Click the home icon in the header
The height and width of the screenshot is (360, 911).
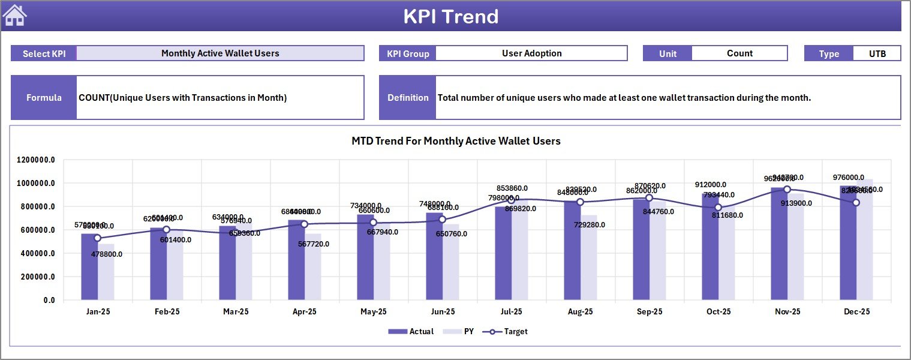click(15, 16)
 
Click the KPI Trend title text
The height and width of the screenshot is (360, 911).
click(450, 16)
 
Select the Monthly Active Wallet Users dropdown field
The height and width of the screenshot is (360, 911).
click(220, 53)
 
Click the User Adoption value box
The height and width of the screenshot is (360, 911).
click(531, 53)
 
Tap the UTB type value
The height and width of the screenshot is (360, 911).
click(877, 53)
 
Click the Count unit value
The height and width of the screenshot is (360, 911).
click(739, 53)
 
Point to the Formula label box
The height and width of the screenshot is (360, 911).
click(44, 97)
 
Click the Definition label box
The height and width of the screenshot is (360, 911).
click(408, 97)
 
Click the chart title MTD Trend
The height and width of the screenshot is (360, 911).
click(456, 141)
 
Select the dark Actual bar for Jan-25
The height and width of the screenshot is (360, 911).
click(89, 267)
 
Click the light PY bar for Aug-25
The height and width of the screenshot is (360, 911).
click(589, 258)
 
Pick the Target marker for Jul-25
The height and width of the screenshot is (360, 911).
click(511, 200)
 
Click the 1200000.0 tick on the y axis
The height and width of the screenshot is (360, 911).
click(37, 160)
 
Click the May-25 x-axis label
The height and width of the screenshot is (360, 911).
click(373, 312)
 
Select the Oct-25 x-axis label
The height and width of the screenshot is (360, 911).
click(718, 312)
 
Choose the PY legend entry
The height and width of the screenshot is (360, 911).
click(463, 331)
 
